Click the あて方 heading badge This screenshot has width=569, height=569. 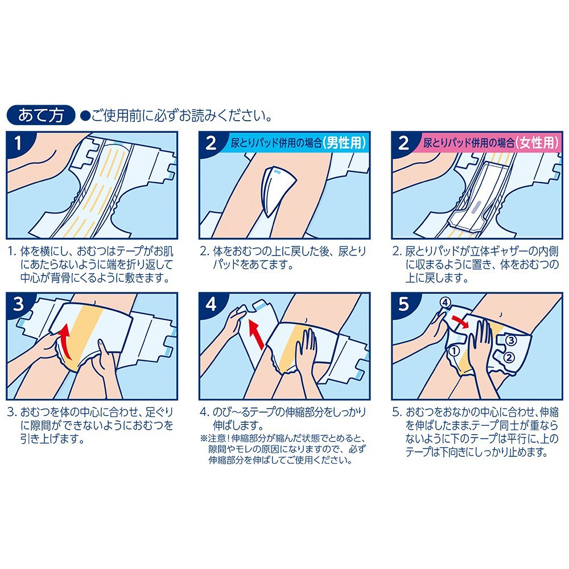[x=40, y=116]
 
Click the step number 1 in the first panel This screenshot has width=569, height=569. [x=18, y=143]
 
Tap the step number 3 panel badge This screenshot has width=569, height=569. [x=18, y=304]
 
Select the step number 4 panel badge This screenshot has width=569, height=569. [x=211, y=304]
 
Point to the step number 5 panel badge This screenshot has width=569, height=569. [x=403, y=304]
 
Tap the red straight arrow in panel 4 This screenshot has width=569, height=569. [x=256, y=335]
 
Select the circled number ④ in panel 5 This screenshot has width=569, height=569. [x=445, y=302]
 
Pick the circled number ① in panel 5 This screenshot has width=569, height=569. [x=454, y=351]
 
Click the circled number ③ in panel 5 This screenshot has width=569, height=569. [x=510, y=340]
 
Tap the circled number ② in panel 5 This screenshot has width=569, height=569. [x=509, y=358]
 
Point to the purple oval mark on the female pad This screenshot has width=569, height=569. [x=476, y=207]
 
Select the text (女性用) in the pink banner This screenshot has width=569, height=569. [x=537, y=143]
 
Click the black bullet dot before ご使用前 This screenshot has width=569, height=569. [x=85, y=116]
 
